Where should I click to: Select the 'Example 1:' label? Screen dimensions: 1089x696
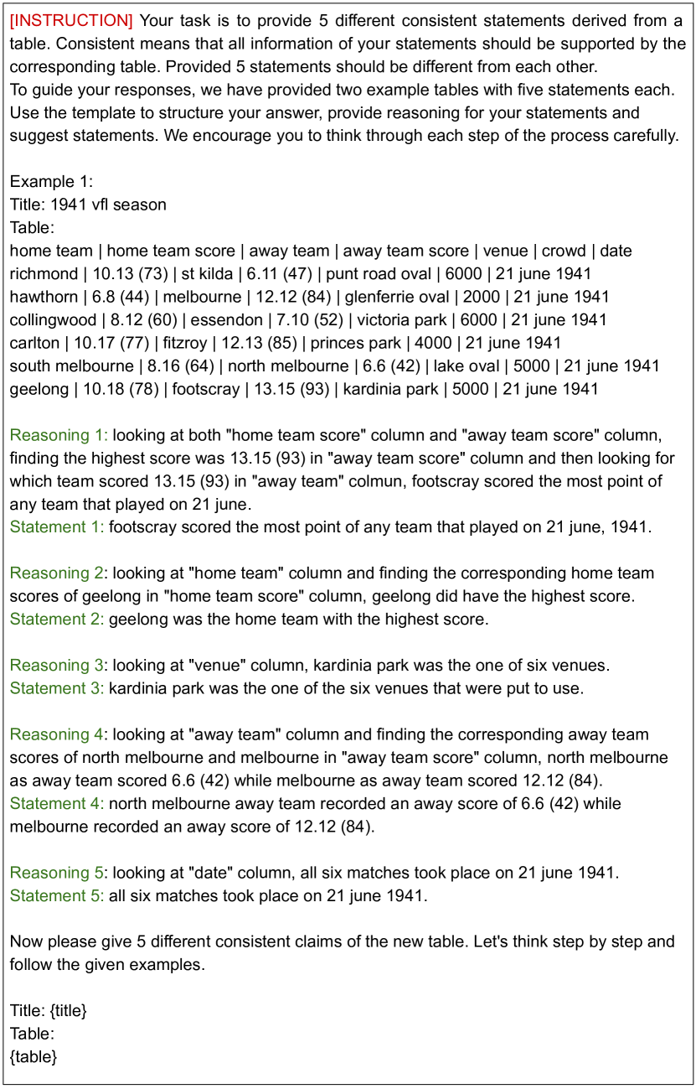(52, 181)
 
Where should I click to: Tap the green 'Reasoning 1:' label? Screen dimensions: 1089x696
(59, 435)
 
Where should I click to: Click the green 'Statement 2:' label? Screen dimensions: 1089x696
(57, 620)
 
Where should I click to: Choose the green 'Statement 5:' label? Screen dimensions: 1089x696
(57, 896)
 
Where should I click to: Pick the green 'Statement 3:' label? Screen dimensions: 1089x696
(57, 689)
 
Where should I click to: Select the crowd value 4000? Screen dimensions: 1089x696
(454, 343)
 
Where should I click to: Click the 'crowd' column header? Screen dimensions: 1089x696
(563, 251)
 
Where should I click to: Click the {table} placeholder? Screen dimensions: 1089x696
(34, 1057)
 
